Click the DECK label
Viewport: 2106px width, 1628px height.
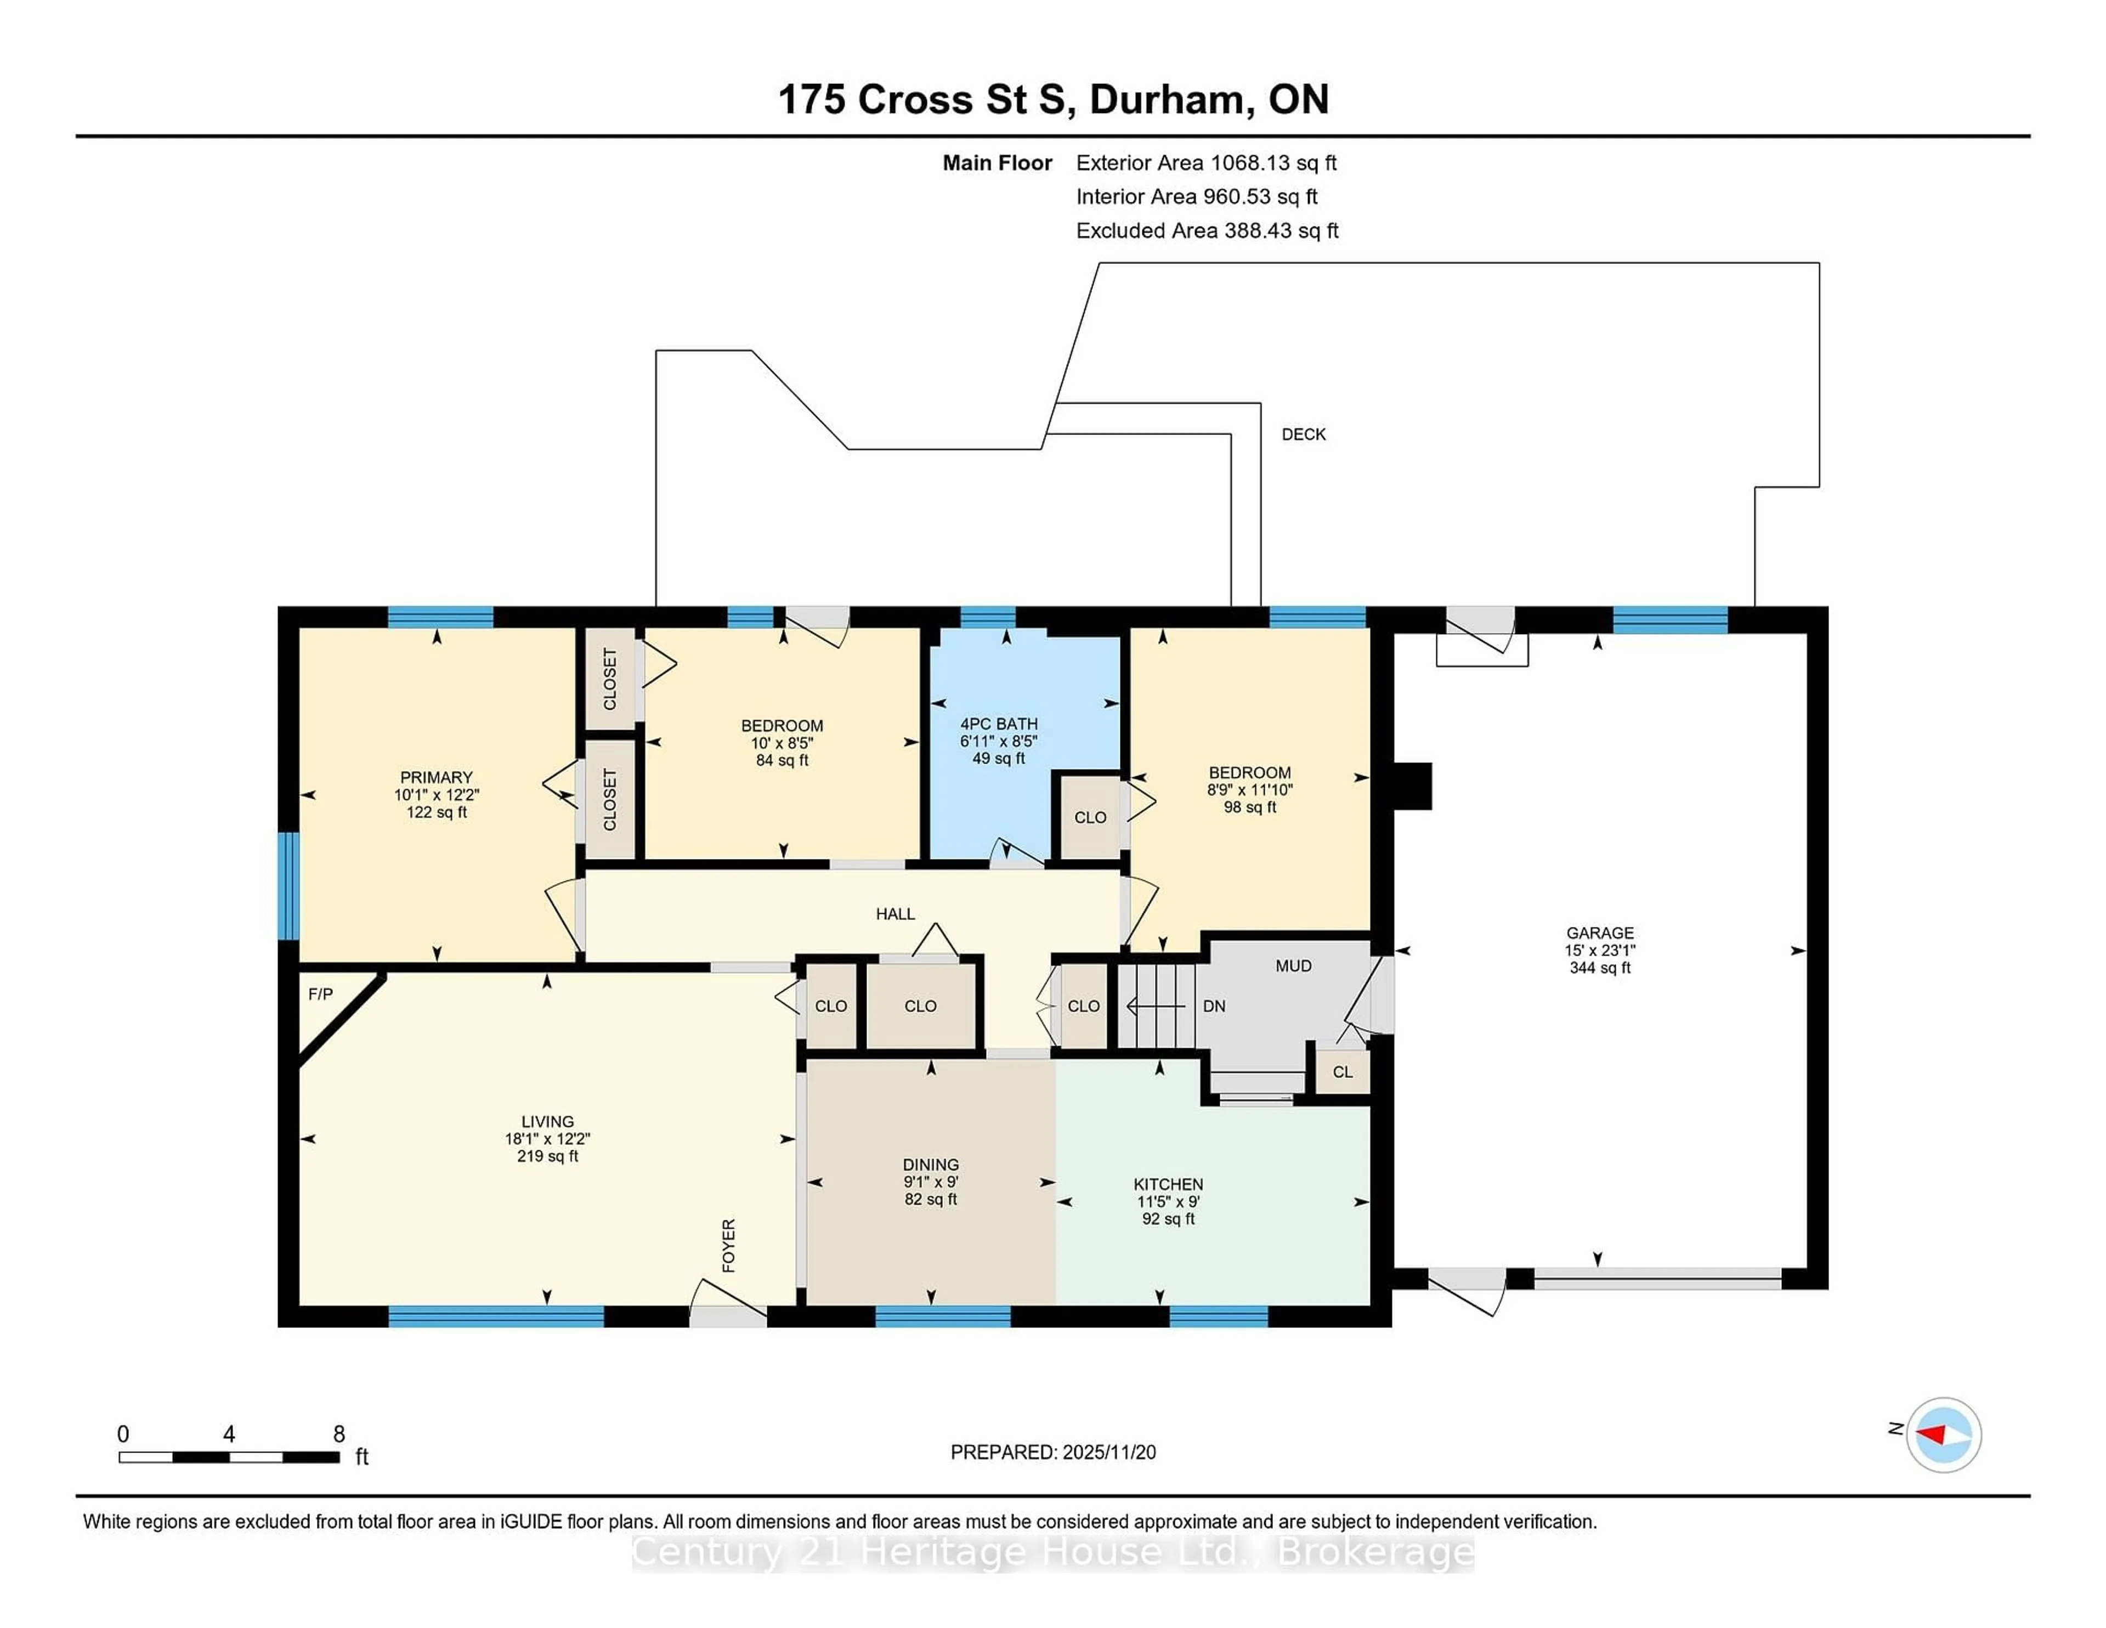point(1303,434)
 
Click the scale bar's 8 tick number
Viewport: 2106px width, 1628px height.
point(338,1434)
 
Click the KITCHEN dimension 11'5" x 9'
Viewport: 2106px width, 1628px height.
point(1168,1202)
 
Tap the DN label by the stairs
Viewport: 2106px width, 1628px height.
point(1214,1006)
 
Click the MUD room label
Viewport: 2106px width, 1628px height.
point(1293,965)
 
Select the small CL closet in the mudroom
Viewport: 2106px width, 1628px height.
point(1342,1071)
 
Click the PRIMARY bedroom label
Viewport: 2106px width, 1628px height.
point(436,777)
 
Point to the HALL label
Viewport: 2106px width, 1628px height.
point(895,913)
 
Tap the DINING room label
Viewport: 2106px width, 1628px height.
point(931,1164)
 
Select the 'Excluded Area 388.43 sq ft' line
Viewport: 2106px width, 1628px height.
point(1207,230)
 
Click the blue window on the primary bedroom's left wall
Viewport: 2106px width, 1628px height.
point(287,885)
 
